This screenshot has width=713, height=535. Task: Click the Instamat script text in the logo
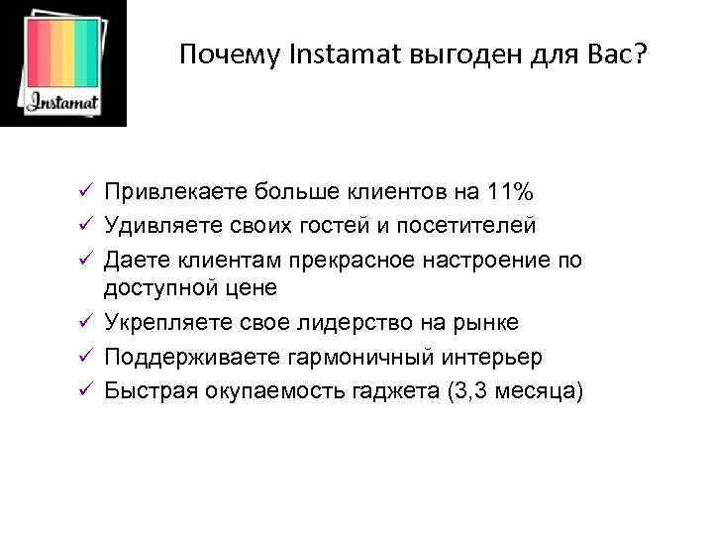click(x=63, y=100)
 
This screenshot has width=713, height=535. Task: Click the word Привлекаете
click(x=161, y=191)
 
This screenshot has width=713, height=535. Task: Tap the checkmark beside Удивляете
click(x=88, y=225)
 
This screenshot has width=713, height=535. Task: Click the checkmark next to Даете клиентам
click(x=88, y=259)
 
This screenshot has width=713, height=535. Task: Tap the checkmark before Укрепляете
click(x=88, y=323)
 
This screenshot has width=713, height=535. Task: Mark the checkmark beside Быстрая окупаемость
click(x=88, y=390)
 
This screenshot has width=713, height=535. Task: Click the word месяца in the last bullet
click(x=540, y=390)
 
